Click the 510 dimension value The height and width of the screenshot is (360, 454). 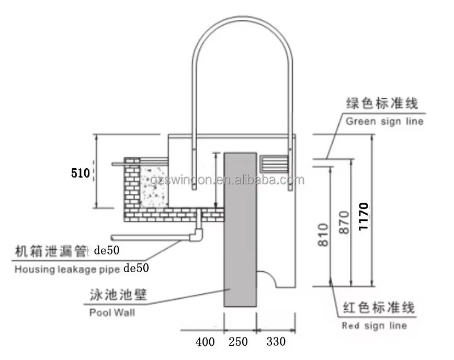click(81, 172)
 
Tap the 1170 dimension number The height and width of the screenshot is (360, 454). click(365, 219)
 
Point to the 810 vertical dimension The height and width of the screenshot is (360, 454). click(323, 235)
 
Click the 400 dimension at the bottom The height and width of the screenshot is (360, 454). click(205, 342)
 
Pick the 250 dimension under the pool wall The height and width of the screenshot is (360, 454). click(238, 342)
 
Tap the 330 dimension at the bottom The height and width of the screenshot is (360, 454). click(276, 342)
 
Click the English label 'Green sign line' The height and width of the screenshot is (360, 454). click(384, 122)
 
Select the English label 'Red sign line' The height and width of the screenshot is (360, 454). click(374, 326)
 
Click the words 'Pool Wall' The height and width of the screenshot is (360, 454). click(111, 312)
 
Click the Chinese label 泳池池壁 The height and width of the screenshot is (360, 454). click(115, 295)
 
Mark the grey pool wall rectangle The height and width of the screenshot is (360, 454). click(240, 230)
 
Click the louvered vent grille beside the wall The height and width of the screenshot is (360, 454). click(274, 163)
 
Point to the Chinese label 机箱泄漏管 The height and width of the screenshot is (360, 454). click(50, 251)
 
